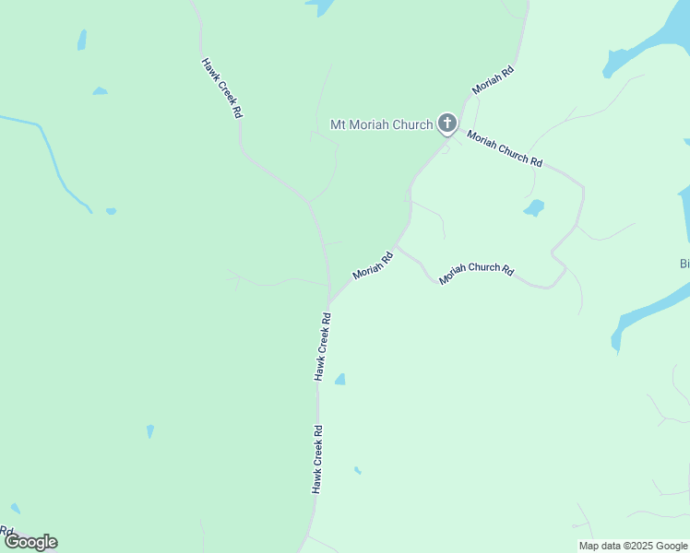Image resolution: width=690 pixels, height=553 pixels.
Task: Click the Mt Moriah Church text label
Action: coord(381,124)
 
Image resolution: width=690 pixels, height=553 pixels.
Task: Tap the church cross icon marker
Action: coord(446,124)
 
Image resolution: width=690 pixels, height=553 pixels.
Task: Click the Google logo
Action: coord(30,542)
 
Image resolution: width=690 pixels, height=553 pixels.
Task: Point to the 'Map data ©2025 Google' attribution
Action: coord(632,546)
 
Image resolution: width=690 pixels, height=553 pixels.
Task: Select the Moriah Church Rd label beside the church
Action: coord(504,148)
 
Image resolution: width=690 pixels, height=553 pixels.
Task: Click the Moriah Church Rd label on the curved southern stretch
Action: coord(476,273)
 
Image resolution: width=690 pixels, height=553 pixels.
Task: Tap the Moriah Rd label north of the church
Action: coord(493,81)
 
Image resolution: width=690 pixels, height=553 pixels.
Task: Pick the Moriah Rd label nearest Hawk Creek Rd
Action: coord(373,266)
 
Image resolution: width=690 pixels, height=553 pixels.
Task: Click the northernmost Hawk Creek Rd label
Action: coord(221,88)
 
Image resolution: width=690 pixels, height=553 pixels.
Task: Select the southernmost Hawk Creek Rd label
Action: coord(316,458)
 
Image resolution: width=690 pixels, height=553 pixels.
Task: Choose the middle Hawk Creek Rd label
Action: coord(322,346)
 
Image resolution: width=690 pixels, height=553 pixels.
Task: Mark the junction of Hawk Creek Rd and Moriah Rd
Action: coord(329,303)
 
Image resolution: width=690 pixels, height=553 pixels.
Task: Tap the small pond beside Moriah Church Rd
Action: coord(534,208)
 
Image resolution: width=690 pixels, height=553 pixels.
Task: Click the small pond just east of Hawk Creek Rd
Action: coord(340,379)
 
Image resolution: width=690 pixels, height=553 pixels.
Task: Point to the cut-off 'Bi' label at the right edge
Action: coord(684,264)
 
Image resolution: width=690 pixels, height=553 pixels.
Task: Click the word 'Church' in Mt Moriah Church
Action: coord(411,124)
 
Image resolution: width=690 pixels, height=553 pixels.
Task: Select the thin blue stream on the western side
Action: coord(55,166)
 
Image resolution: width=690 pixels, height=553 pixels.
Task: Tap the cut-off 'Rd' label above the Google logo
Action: coord(6,532)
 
